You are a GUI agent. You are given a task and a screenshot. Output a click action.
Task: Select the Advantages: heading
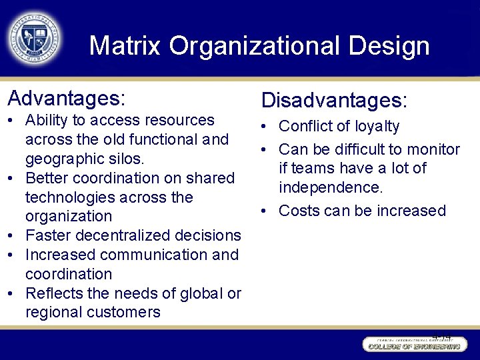66,98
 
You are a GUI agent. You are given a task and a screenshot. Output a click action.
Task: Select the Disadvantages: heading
334,100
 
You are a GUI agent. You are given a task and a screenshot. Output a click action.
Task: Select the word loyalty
377,127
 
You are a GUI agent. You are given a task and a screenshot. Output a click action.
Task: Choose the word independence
331,187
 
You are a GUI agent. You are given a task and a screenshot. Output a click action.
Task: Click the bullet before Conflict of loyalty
266,127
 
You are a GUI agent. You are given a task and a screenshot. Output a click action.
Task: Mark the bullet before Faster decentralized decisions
13,235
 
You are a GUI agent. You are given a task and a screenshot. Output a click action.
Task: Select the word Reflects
51,293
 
